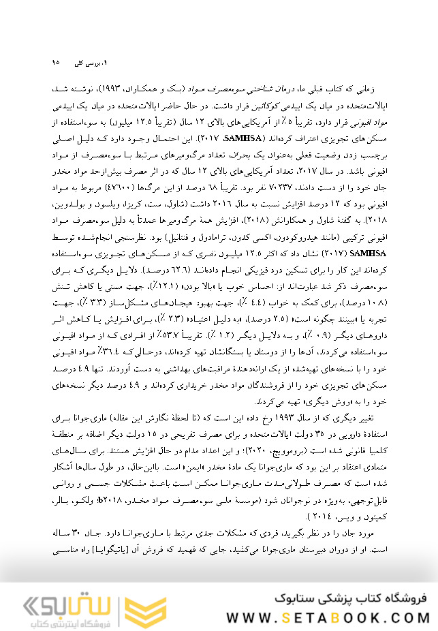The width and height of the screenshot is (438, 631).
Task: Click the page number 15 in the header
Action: (56, 63)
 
